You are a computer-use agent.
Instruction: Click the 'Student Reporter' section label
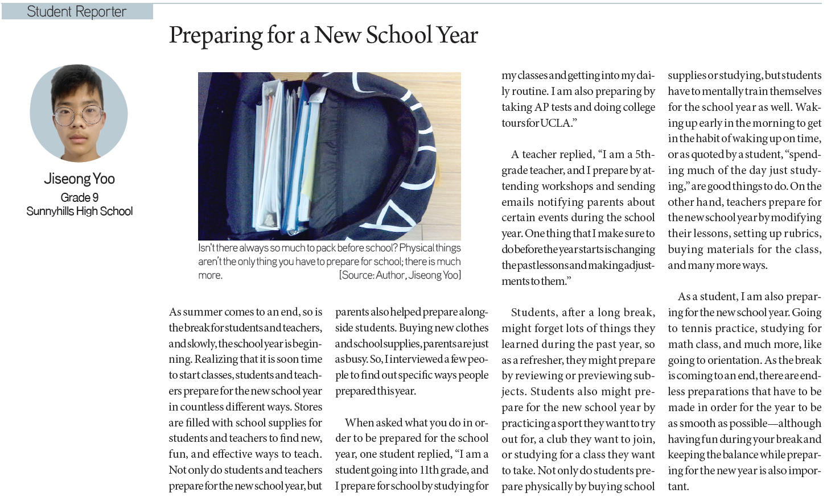[77, 11]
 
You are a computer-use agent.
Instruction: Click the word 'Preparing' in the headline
[215, 36]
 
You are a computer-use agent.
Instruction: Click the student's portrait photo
[79, 113]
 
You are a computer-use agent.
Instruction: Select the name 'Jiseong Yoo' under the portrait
[80, 179]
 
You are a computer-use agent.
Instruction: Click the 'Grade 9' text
[80, 197]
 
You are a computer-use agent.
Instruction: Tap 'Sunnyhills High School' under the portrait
[80, 211]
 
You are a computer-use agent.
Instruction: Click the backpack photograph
[329, 156]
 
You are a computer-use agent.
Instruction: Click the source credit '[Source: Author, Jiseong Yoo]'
[400, 275]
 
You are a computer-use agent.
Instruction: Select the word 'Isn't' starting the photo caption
[207, 248]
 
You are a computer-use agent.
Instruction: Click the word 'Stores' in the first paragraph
[308, 407]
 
